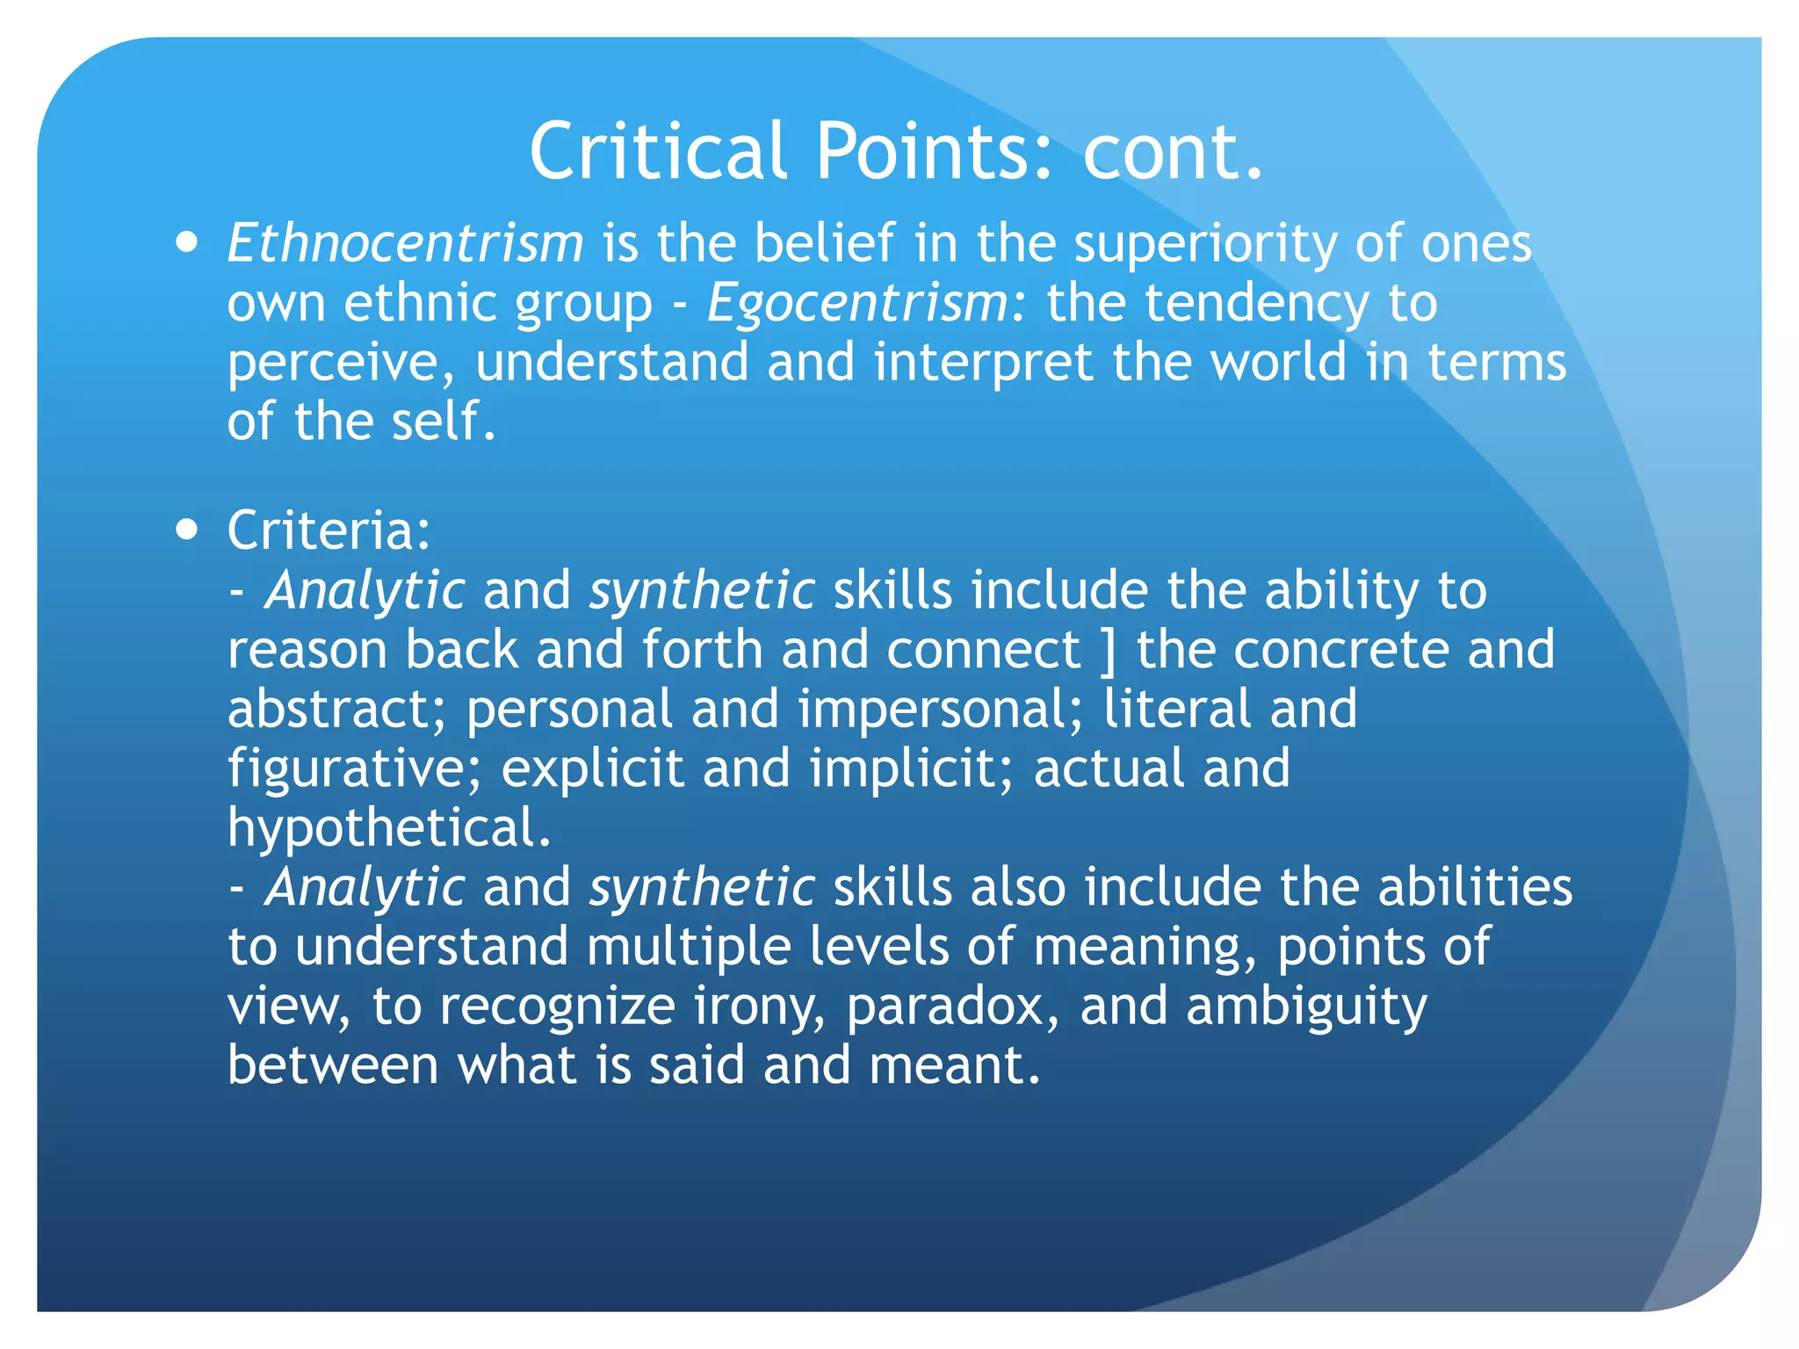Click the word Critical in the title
click(x=657, y=151)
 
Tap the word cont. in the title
click(x=1173, y=151)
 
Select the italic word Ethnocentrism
click(x=405, y=243)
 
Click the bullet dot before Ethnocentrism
click(x=186, y=242)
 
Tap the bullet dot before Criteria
click(x=186, y=530)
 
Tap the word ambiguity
click(x=1306, y=1006)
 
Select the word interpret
click(x=983, y=362)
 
